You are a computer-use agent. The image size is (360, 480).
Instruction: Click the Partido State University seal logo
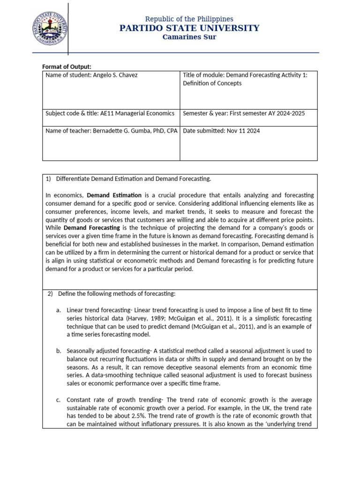(x=49, y=27)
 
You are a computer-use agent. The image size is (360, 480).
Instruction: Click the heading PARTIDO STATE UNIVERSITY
(x=189, y=28)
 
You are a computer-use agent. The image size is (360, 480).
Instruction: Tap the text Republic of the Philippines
(x=189, y=19)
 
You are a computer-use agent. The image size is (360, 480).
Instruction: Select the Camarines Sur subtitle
(x=189, y=37)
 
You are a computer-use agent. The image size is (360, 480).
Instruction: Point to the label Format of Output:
(x=67, y=67)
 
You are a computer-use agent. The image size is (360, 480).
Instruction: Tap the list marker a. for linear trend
(x=59, y=310)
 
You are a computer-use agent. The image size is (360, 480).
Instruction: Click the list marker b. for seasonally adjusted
(x=59, y=351)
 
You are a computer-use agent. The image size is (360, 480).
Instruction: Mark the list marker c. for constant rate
(x=59, y=399)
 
